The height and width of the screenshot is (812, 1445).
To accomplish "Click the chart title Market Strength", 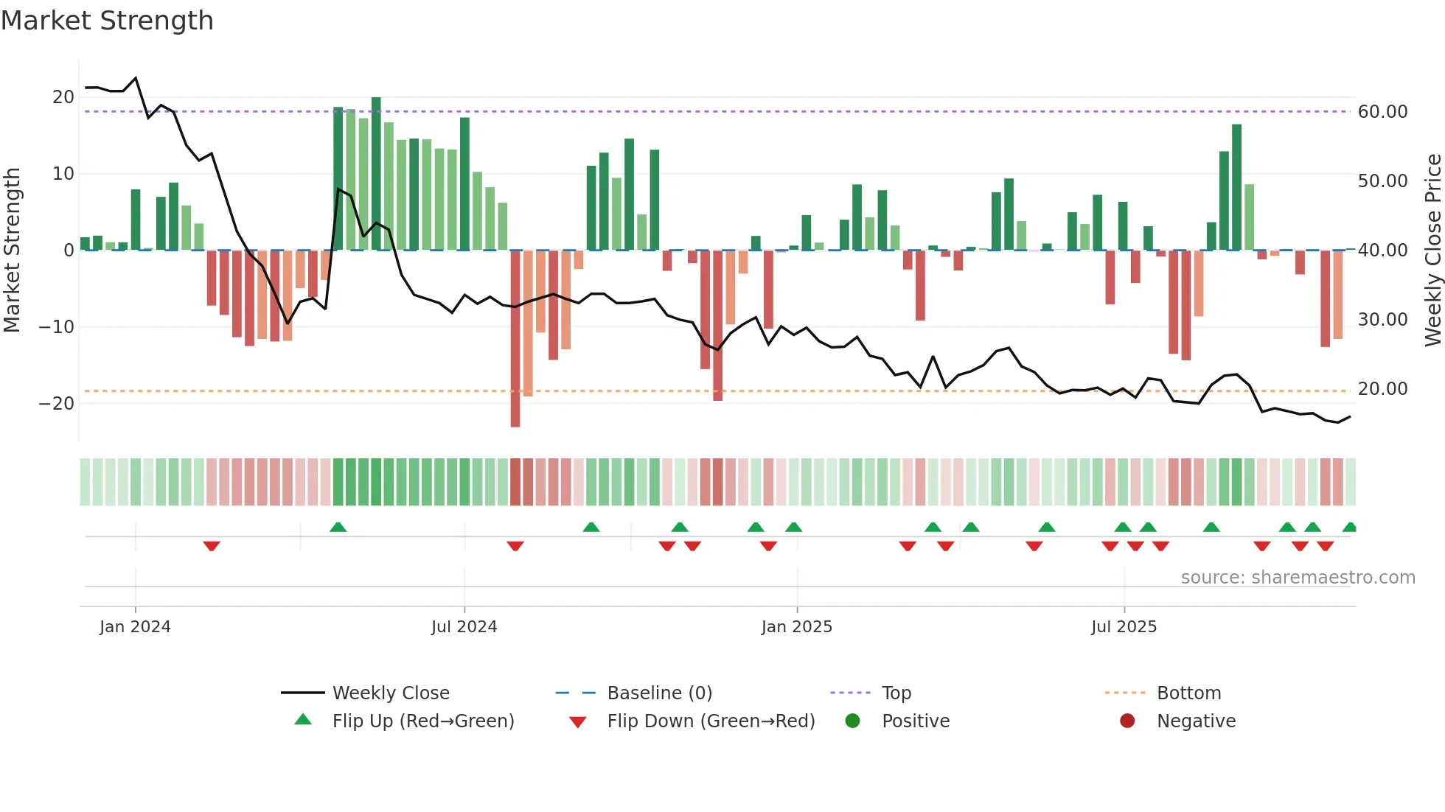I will [x=108, y=21].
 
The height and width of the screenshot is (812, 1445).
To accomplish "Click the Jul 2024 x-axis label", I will [x=464, y=626].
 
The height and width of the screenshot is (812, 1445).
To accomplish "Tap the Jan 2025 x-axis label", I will [x=796, y=626].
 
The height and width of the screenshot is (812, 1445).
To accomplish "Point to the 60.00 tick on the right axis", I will [x=1382, y=112].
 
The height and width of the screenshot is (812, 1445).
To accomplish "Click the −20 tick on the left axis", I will [x=57, y=404].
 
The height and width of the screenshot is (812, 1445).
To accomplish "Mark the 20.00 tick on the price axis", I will [x=1382, y=389].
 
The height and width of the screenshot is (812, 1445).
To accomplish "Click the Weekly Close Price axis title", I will [x=1432, y=251].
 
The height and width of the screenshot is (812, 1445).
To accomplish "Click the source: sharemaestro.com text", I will [x=1298, y=578].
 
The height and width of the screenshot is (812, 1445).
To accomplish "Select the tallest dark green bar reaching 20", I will [x=376, y=173].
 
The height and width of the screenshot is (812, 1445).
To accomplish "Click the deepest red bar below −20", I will [x=515, y=339].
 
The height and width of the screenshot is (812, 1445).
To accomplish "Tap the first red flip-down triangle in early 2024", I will [x=212, y=546].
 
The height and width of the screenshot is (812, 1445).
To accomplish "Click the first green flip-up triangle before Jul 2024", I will [x=338, y=527].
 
